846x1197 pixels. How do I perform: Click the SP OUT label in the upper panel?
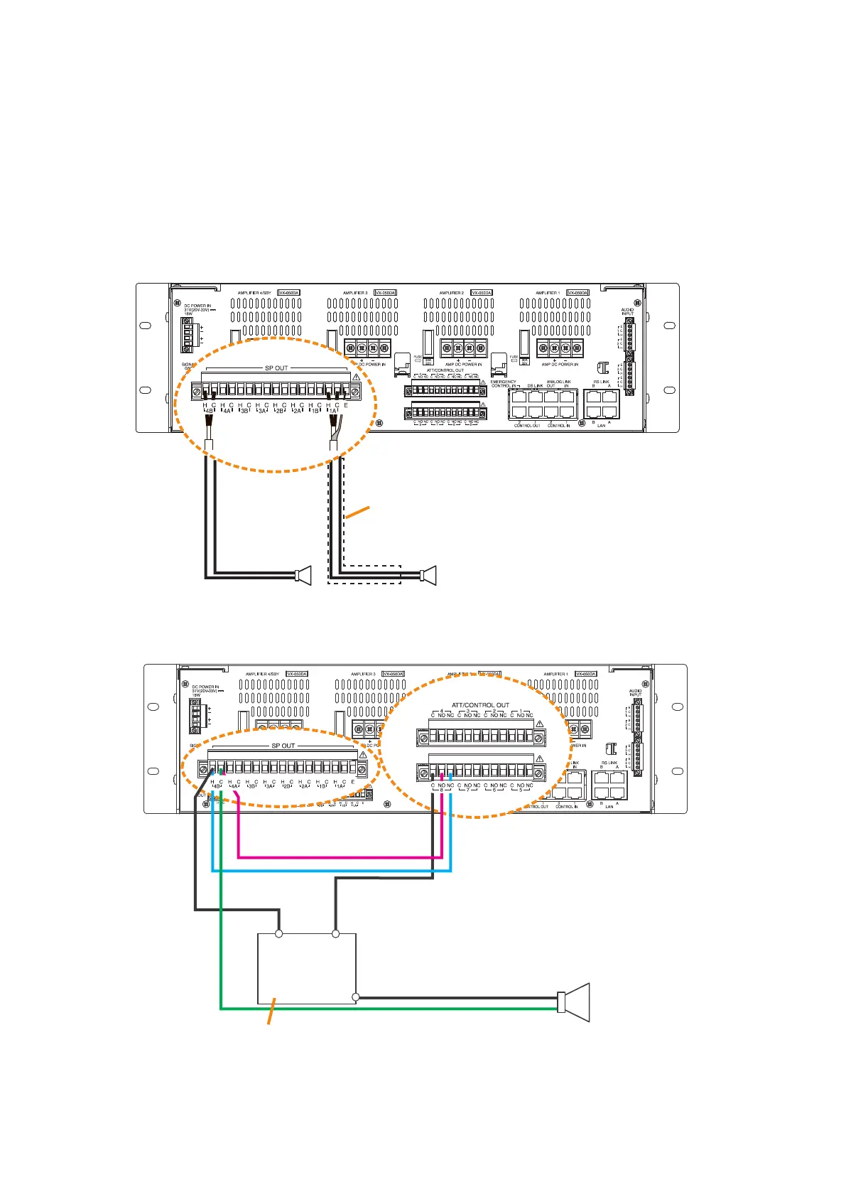coord(276,368)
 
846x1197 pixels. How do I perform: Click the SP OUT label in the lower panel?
coord(283,746)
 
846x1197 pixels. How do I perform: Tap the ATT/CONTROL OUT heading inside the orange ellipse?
coord(480,705)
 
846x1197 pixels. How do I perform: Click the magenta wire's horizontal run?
coord(341,857)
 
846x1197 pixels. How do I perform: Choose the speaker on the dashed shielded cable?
coord(428,575)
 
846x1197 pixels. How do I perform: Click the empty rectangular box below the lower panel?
coord(306,967)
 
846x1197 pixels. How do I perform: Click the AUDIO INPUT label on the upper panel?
coord(627,311)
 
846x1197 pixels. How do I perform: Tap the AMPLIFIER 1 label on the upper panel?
coord(548,293)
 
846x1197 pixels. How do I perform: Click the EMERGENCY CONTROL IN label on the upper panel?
coord(503,384)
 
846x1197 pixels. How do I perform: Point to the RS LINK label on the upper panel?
coord(601,382)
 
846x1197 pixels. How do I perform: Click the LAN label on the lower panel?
coord(609,806)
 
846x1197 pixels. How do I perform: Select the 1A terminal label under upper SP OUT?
coord(332,411)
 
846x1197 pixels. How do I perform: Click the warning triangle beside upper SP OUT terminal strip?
coord(356,377)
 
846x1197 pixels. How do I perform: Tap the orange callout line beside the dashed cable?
coord(358,513)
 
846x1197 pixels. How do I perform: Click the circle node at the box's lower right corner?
coord(356,997)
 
